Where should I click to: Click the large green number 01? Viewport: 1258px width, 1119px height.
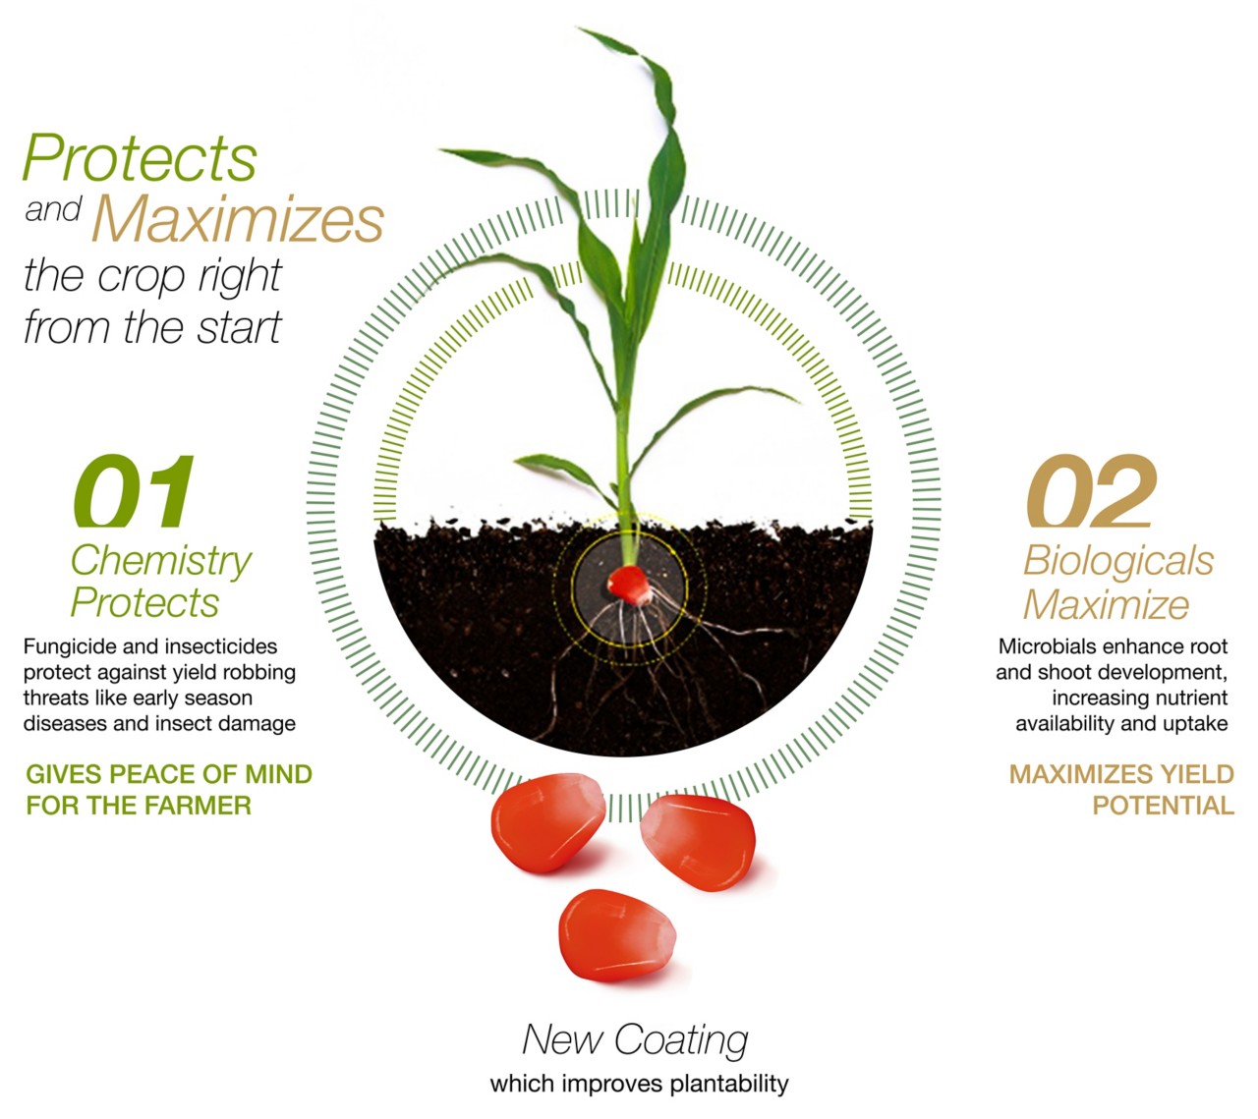(x=134, y=490)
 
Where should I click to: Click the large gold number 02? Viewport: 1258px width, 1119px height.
(x=1092, y=490)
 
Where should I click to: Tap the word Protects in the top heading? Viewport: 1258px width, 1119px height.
(x=140, y=157)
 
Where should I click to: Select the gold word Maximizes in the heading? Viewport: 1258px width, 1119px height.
(x=238, y=218)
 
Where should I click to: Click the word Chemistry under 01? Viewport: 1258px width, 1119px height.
(x=161, y=562)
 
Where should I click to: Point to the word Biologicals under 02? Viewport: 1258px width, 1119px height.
(x=1118, y=562)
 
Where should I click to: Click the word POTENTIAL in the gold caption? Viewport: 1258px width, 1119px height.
(x=1163, y=806)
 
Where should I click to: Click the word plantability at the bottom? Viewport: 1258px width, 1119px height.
(x=729, y=1085)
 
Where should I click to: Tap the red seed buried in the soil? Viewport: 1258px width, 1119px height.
(x=629, y=585)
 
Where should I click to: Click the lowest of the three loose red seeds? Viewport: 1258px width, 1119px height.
(x=617, y=936)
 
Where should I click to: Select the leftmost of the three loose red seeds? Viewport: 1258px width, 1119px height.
(x=547, y=822)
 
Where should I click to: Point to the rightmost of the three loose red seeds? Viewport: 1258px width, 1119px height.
(x=698, y=842)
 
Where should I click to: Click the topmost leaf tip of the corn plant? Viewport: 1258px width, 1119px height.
(x=579, y=28)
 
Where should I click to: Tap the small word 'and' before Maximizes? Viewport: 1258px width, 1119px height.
(x=53, y=210)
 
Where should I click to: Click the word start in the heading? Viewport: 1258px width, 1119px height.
(x=239, y=328)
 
